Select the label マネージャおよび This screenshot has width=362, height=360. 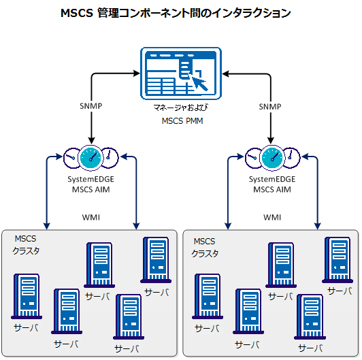tap(182, 109)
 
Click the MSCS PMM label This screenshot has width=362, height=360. tap(182, 121)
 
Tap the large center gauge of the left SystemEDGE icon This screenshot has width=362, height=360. tap(90, 157)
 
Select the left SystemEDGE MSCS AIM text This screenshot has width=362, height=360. tap(90, 184)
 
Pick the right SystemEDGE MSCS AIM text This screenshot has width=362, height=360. tap(271, 184)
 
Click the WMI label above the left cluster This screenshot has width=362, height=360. tap(91, 218)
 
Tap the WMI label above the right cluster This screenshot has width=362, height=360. tap(272, 218)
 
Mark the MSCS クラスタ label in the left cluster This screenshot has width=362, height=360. tap(27, 246)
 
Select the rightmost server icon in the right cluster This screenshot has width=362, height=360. tap(338, 260)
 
